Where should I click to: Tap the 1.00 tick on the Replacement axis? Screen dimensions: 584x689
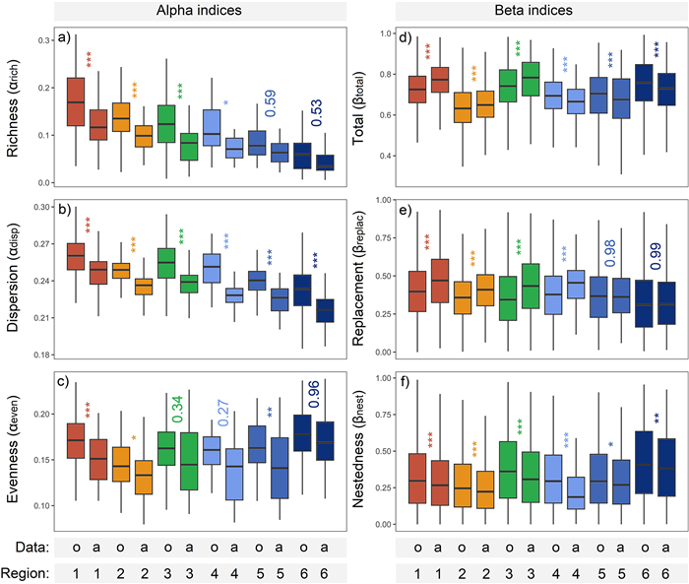[x=378, y=210]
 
